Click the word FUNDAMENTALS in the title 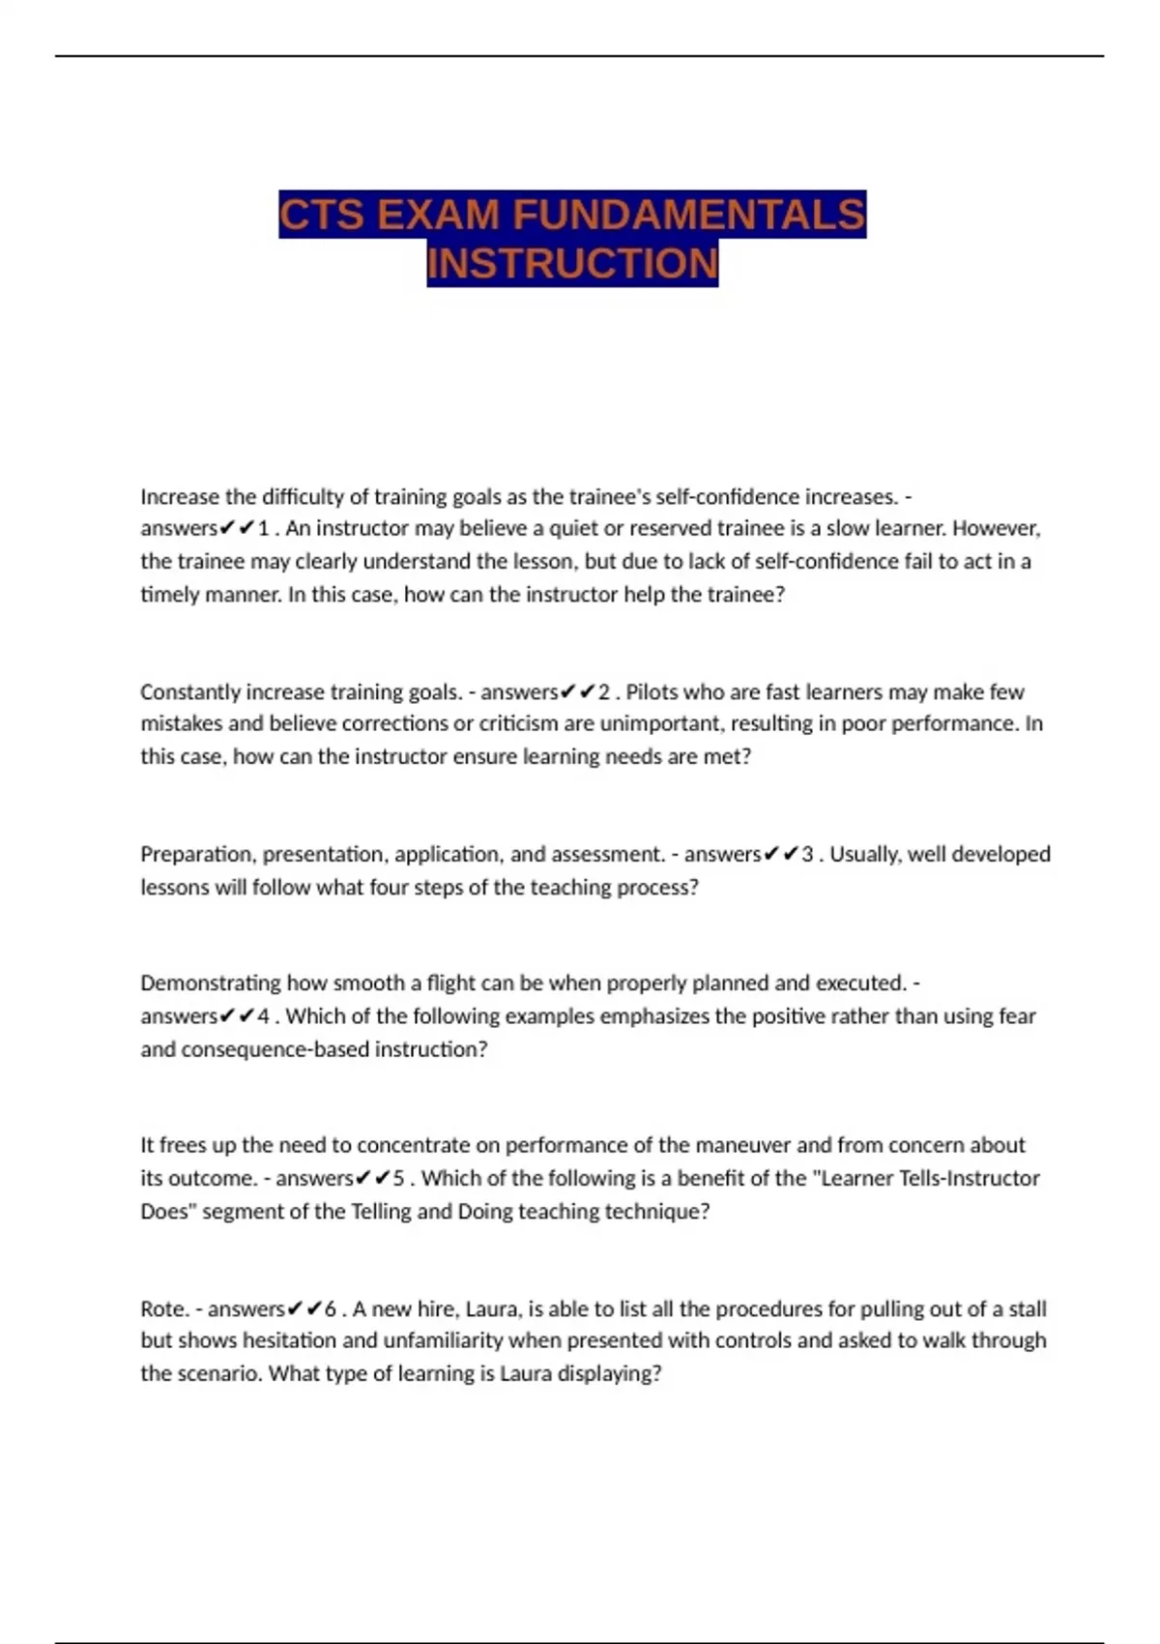(688, 214)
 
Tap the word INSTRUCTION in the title (572, 263)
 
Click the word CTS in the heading (322, 214)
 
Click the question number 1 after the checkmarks (263, 529)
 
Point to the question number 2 (604, 692)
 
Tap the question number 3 (808, 855)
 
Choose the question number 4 (263, 1016)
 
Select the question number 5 (399, 1179)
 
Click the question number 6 (331, 1309)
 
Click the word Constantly (189, 692)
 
